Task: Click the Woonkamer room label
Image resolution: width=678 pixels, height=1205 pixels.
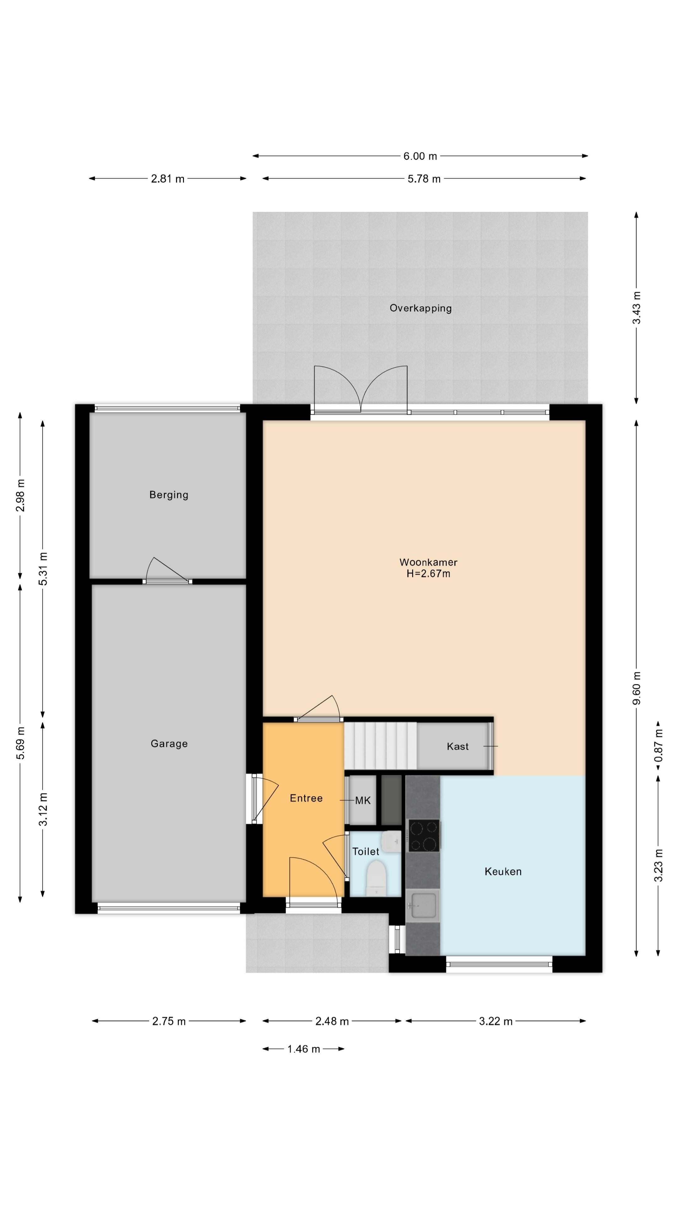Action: [x=428, y=562]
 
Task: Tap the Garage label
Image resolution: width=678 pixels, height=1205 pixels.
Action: [x=169, y=744]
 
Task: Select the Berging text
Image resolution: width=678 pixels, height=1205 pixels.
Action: [x=169, y=495]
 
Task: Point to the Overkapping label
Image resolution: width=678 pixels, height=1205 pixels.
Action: [x=421, y=308]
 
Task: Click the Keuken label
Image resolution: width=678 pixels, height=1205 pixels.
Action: [x=503, y=871]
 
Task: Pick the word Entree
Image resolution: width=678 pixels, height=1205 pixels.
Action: [x=306, y=799]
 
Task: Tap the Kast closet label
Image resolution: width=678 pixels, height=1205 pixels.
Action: [x=457, y=747]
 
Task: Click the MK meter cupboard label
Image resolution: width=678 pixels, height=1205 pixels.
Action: [x=363, y=801]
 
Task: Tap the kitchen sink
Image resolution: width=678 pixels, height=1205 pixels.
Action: [x=422, y=906]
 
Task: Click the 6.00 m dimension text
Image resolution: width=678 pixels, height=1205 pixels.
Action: [x=420, y=156]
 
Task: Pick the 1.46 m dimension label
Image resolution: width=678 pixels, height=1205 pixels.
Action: [x=304, y=1049]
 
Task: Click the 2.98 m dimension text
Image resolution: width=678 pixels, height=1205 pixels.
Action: [x=21, y=495]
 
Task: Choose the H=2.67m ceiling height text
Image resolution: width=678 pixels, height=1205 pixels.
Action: [x=428, y=574]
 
